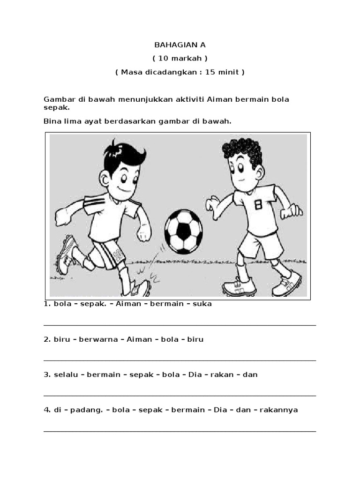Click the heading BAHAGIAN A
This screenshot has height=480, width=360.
(x=180, y=45)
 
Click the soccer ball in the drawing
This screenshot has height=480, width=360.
(x=184, y=232)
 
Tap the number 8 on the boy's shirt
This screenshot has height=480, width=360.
(x=258, y=205)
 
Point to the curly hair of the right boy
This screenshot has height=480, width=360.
(x=242, y=150)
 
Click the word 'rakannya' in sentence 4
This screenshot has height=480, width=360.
(x=280, y=410)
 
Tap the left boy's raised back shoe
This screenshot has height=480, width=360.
(x=66, y=254)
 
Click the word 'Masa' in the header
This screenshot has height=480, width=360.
(x=131, y=72)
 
